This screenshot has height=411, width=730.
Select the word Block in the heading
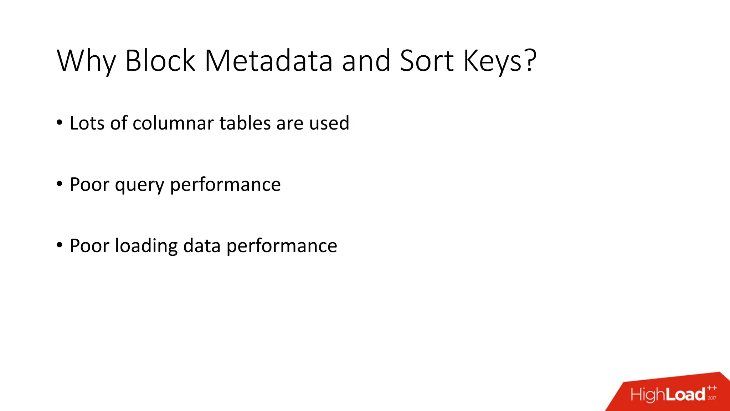160,61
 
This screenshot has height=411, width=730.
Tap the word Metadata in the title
268,61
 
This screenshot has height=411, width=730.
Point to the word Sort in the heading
427,61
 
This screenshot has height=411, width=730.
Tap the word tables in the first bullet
245,123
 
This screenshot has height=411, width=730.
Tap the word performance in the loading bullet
282,246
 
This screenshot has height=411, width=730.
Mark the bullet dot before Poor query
60,184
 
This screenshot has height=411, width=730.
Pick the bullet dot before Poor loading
60,245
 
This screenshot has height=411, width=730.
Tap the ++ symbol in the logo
712,388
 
